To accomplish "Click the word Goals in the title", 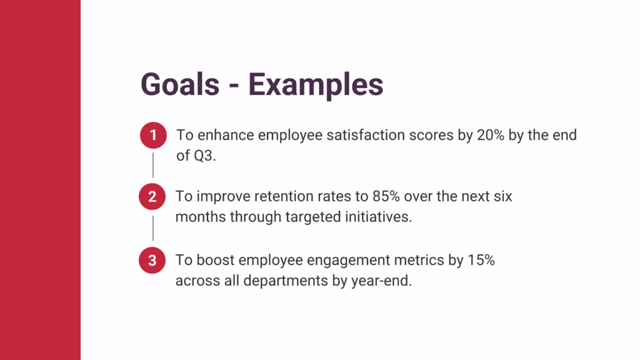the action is [180, 84].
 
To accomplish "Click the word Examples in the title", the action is [316, 86].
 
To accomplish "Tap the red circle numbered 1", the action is [154, 135].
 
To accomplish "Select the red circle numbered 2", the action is [152, 197].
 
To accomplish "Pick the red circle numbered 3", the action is [152, 261].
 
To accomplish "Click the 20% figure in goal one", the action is [491, 135].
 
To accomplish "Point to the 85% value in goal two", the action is [386, 196].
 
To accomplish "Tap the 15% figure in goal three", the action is [481, 260].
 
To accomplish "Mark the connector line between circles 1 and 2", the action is [153, 165].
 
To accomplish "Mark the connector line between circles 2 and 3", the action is [153, 228].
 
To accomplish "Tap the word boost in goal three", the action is [216, 260].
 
